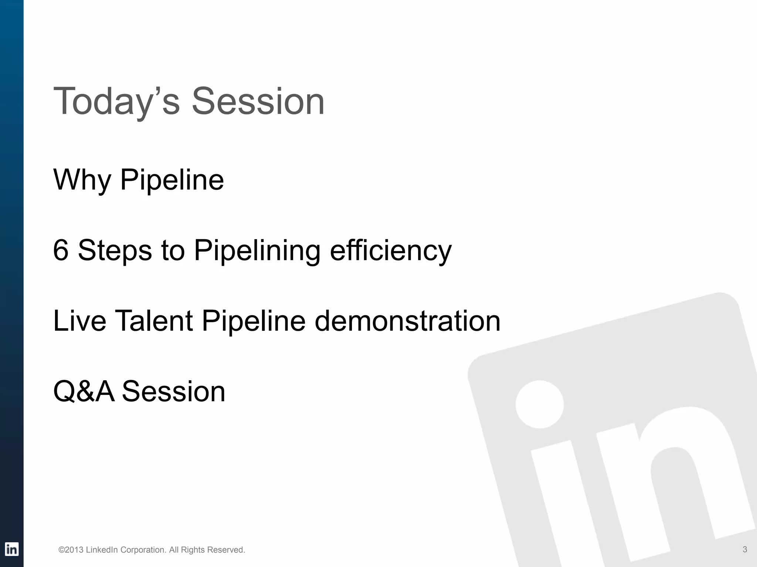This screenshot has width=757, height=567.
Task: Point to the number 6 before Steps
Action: pyautogui.click(x=61, y=250)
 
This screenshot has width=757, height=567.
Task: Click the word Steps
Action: pyautogui.click(x=115, y=250)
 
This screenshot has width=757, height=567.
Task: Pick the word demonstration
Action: pyautogui.click(x=407, y=321)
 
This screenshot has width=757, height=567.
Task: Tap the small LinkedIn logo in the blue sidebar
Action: pyautogui.click(x=11, y=549)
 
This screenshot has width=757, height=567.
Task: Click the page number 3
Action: pyautogui.click(x=745, y=549)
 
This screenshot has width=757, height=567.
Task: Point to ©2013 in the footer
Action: pyautogui.click(x=71, y=550)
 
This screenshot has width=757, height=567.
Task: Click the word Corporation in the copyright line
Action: pyautogui.click(x=143, y=550)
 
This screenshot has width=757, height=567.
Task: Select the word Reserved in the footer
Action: pyautogui.click(x=226, y=550)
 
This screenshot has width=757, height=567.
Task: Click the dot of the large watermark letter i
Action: pyautogui.click(x=539, y=404)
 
